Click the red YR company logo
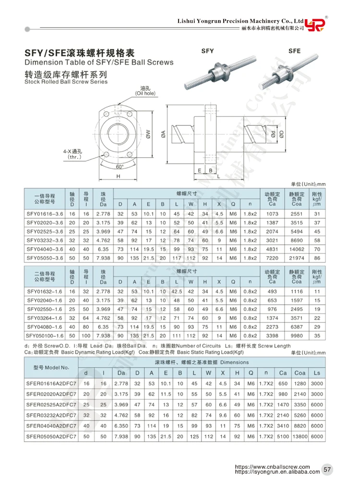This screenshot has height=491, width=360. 316,24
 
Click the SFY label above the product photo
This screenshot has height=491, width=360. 207,50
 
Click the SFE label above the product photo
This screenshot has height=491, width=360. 294,50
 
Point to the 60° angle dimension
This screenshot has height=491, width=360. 120,167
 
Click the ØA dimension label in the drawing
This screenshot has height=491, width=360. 164,136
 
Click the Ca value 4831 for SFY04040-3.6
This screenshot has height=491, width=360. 272,250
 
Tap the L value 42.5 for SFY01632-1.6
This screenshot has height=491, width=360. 177,291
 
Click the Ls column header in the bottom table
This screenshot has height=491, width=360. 317,372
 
